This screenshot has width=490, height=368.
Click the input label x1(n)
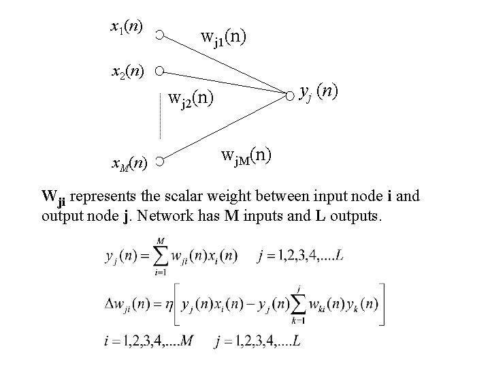coord(127,27)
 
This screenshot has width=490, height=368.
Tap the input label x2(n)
coord(127,70)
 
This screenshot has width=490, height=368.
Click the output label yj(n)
coord(319,91)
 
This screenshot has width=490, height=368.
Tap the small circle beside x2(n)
coord(158,70)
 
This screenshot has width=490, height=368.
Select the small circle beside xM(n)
coord(158,162)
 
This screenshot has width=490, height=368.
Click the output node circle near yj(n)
coord(290,93)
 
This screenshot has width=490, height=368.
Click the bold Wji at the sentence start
coord(53,199)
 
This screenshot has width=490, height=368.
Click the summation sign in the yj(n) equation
coord(160,256)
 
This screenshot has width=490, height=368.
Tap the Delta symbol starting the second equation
coord(110,303)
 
